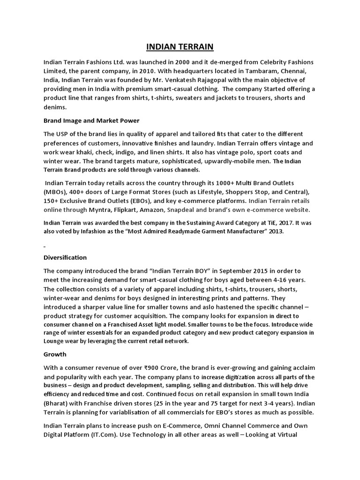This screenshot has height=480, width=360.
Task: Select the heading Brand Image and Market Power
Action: click(91, 120)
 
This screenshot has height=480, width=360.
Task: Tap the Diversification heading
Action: click(65, 257)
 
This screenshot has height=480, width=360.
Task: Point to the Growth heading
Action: click(55, 354)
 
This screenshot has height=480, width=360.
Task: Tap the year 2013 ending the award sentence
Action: click(275, 232)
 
